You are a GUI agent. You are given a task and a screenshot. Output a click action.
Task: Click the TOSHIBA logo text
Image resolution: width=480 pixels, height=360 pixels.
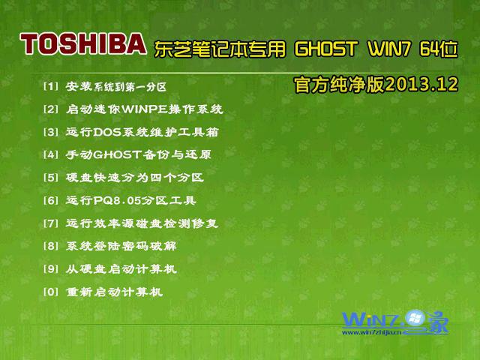(83, 45)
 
